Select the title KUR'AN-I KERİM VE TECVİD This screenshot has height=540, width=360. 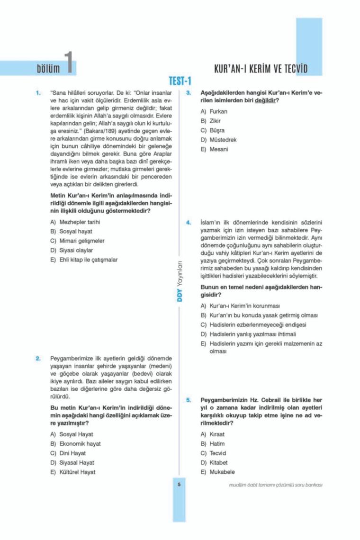tap(261, 69)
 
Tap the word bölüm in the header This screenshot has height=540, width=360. tap(48, 69)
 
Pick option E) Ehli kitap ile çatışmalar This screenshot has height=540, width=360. tap(84, 260)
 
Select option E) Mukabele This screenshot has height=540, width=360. tap(217, 472)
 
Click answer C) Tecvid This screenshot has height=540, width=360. tap(214, 453)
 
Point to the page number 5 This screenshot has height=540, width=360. tap(180, 484)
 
